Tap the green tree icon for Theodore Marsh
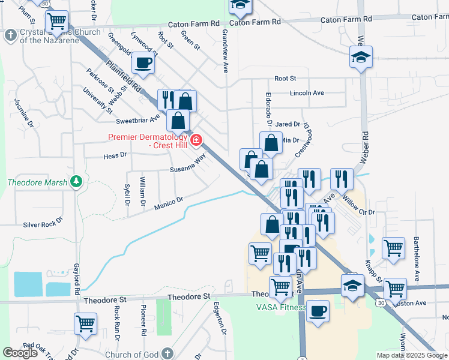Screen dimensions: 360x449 point(76,181)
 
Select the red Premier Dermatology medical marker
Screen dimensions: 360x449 point(196,141)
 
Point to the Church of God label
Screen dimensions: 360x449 point(131,354)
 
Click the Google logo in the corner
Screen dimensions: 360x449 point(20,353)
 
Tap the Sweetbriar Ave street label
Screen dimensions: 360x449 point(137,119)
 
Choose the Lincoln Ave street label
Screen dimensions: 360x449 point(307,93)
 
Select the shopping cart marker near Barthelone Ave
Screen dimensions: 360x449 point(393,247)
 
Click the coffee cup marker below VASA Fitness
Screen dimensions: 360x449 point(318,311)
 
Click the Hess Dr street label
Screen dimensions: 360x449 point(115,155)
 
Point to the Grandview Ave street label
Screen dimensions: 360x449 point(226,50)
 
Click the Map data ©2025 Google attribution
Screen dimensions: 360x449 point(412,355)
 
